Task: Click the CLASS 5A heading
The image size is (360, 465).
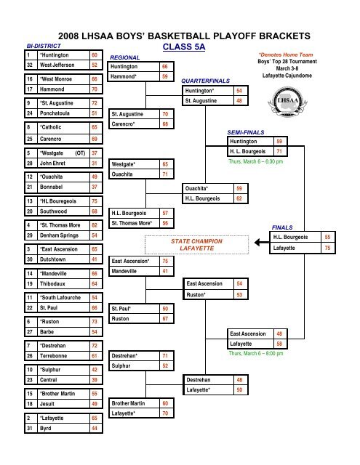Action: click(x=184, y=46)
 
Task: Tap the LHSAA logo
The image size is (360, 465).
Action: click(x=287, y=102)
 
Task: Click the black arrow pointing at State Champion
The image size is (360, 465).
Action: click(x=262, y=243)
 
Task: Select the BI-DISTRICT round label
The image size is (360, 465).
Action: click(x=44, y=46)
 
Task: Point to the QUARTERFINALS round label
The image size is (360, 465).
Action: click(x=205, y=81)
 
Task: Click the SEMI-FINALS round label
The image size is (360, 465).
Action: click(x=246, y=132)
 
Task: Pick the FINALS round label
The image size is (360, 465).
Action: click(x=282, y=227)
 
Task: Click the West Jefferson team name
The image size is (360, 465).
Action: click(x=57, y=65)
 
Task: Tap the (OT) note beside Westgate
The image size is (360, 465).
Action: click(x=80, y=153)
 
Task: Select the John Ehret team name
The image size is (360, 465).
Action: click(x=52, y=163)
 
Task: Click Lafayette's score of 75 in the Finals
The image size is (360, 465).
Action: click(x=327, y=248)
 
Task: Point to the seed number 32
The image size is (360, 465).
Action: click(x=30, y=65)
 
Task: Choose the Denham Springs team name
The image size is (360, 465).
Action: click(x=59, y=235)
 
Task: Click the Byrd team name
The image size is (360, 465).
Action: click(x=45, y=428)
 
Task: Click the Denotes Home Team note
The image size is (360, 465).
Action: click(x=286, y=54)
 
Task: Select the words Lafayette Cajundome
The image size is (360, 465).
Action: click(x=287, y=76)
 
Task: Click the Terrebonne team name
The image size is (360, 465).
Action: click(x=53, y=356)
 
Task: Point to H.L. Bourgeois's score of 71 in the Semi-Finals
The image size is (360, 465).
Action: click(x=279, y=152)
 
